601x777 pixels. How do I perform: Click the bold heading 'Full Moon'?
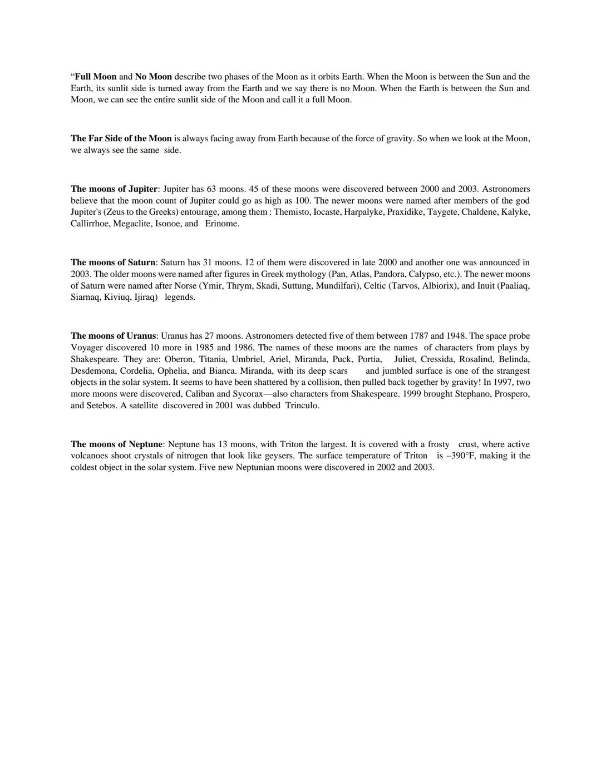96,77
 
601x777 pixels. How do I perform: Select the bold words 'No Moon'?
153,77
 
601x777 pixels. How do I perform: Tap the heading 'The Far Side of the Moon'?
121,138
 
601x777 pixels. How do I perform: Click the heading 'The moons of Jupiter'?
114,189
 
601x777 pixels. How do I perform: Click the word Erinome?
221,224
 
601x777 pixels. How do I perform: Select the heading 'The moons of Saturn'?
113,263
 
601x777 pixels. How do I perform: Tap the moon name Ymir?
212,286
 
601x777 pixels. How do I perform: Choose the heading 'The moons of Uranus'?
114,336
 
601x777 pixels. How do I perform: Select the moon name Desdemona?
92,371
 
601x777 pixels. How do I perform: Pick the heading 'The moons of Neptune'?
117,444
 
